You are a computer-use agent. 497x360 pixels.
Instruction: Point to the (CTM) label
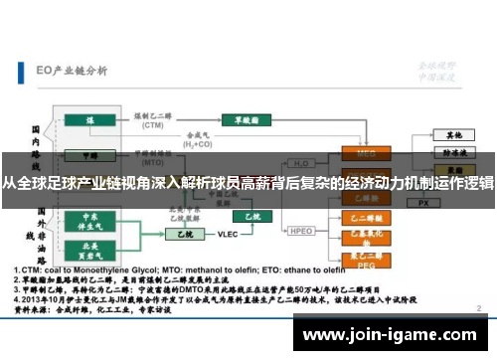pos(152,126)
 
